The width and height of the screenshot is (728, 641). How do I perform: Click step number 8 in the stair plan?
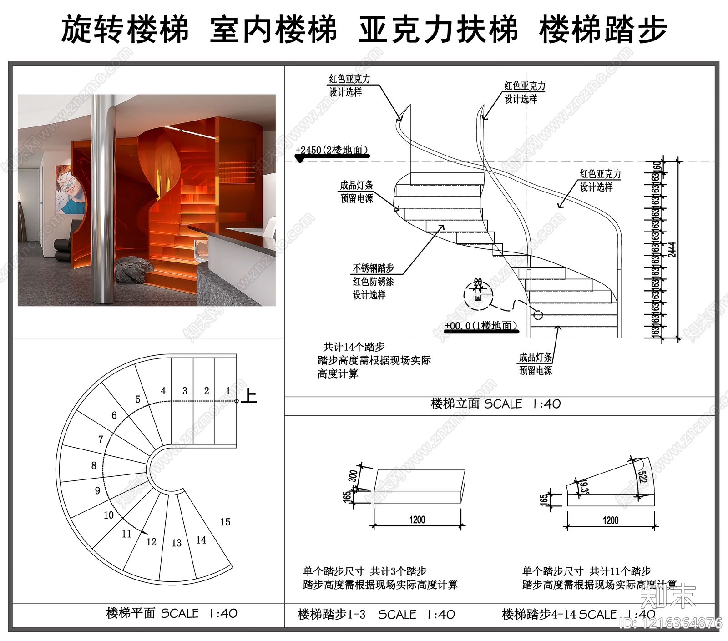pyautogui.click(x=94, y=465)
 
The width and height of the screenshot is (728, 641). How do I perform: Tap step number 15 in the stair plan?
pyautogui.click(x=225, y=522)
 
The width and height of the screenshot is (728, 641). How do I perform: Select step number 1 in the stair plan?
pyautogui.click(x=228, y=391)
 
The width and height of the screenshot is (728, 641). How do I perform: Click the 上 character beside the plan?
pyautogui.click(x=248, y=396)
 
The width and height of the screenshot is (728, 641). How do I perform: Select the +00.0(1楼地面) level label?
pyautogui.click(x=480, y=326)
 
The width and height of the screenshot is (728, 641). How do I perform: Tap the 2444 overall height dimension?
pyautogui.click(x=672, y=249)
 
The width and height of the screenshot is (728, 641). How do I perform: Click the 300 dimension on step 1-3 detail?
pyautogui.click(x=353, y=475)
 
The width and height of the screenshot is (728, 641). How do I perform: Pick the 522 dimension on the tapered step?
pyautogui.click(x=642, y=476)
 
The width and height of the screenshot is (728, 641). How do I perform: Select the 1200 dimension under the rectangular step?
pyautogui.click(x=417, y=520)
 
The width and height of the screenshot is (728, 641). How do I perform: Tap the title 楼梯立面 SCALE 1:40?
pyautogui.click(x=495, y=404)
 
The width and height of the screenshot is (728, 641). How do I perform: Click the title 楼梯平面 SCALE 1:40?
pyautogui.click(x=172, y=613)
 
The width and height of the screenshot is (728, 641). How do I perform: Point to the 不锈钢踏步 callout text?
pyautogui.click(x=373, y=268)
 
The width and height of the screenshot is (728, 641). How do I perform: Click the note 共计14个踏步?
pyautogui.click(x=354, y=347)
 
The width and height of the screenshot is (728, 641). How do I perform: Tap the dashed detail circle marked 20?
pyautogui.click(x=478, y=295)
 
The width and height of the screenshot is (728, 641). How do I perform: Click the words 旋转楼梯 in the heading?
pyautogui.click(x=125, y=30)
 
